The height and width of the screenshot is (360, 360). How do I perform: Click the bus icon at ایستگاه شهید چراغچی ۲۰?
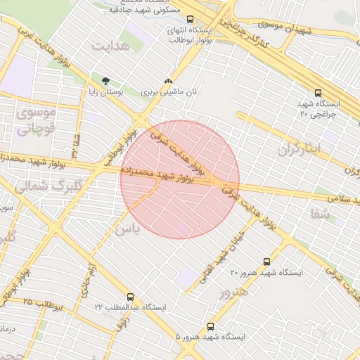pyautogui.click(x=319, y=92)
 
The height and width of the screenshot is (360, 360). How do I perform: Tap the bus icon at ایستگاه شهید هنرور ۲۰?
pyautogui.click(x=266, y=261)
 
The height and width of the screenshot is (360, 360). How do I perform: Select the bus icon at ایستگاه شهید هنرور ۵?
pyautogui.click(x=211, y=326)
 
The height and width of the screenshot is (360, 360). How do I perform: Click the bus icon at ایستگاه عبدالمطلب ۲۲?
pyautogui.click(x=130, y=297)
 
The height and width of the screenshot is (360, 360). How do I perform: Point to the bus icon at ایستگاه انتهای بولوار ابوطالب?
pyautogui.click(x=190, y=20)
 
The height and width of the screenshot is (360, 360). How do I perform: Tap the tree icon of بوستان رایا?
pyautogui.click(x=105, y=81)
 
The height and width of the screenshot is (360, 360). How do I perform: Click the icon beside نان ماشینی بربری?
pyautogui.click(x=168, y=81)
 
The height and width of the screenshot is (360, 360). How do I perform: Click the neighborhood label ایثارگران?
pyautogui.click(x=298, y=149)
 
